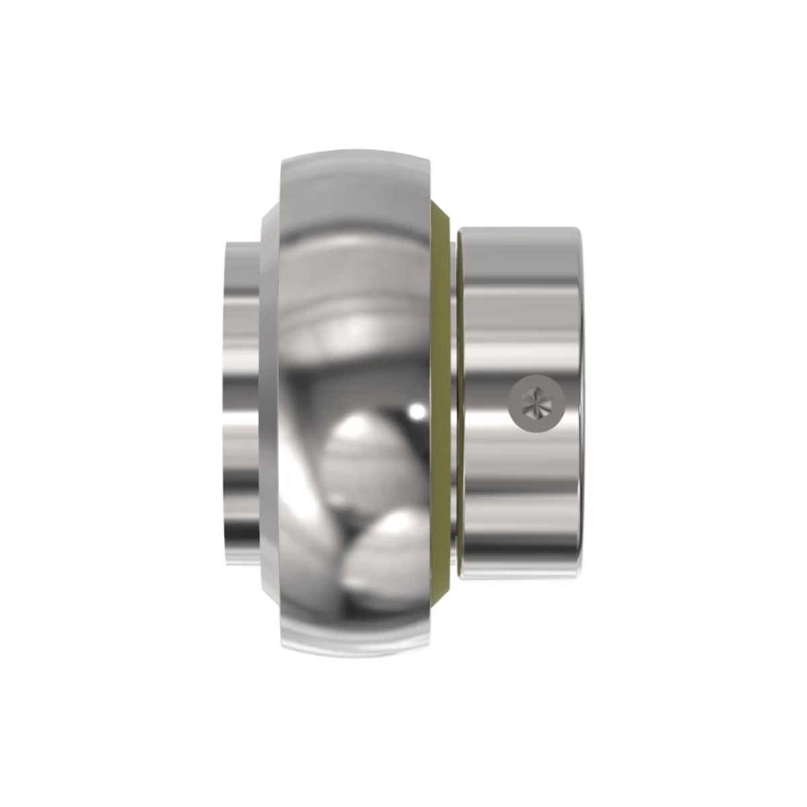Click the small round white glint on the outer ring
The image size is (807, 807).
(418, 408)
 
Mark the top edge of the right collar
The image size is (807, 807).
(521, 230)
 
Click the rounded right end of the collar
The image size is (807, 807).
(577, 403)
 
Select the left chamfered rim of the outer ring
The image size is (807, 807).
(268, 403)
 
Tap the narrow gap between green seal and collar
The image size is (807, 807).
(454, 403)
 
